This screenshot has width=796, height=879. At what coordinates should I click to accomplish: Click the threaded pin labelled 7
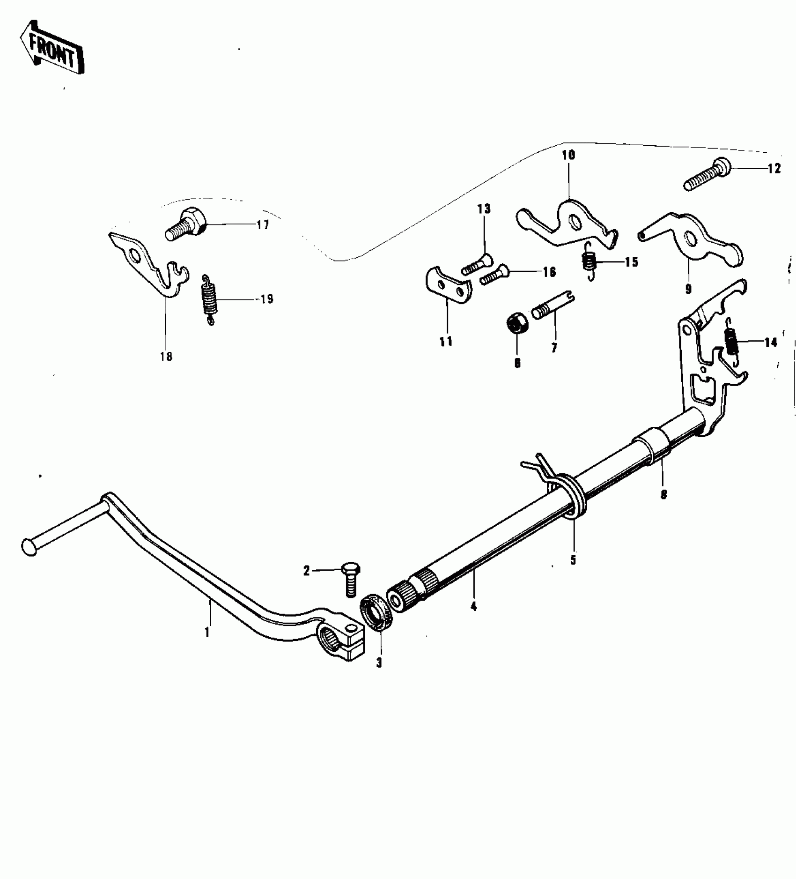[553, 306]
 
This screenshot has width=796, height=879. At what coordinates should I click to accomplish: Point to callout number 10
[569, 155]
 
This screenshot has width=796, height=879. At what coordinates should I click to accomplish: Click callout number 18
[166, 357]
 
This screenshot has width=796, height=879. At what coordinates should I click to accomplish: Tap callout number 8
[663, 494]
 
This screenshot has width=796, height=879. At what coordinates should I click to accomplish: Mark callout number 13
[484, 209]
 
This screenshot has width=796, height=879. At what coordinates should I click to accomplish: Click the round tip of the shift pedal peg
[29, 547]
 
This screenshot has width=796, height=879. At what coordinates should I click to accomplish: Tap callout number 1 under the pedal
[206, 633]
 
